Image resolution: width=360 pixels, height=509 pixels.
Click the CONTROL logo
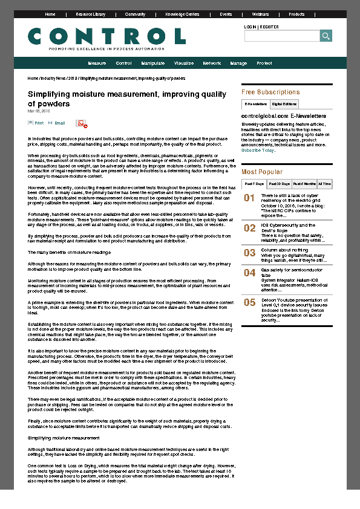106,37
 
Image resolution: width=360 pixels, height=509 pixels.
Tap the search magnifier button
326,36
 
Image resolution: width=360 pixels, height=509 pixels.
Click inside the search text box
281,36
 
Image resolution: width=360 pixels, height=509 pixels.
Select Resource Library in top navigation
90,14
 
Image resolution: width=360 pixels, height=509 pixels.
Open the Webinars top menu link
260,14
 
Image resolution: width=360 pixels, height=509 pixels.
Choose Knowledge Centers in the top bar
182,14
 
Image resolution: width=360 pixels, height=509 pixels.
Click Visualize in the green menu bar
184,63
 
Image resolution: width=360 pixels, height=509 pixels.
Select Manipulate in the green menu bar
153,63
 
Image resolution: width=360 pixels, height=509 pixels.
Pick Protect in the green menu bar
264,63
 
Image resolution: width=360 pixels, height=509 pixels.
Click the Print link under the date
39,123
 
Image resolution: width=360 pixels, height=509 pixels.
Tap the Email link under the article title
59,123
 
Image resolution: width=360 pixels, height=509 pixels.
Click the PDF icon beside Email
81,123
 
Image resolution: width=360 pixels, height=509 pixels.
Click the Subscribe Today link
257,150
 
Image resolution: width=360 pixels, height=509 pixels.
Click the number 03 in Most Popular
249,253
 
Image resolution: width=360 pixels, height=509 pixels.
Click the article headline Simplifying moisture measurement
127,99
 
